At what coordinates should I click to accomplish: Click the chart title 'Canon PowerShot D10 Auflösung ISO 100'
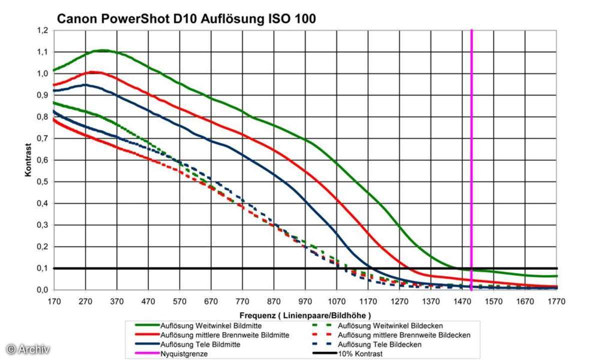coord(186,19)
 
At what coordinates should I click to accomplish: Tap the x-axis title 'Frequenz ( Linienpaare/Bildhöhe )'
coord(305,315)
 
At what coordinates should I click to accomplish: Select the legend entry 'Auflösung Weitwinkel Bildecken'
coord(390,325)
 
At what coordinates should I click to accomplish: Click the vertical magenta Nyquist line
coord(471,150)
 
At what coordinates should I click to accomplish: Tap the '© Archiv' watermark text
coord(28,348)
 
